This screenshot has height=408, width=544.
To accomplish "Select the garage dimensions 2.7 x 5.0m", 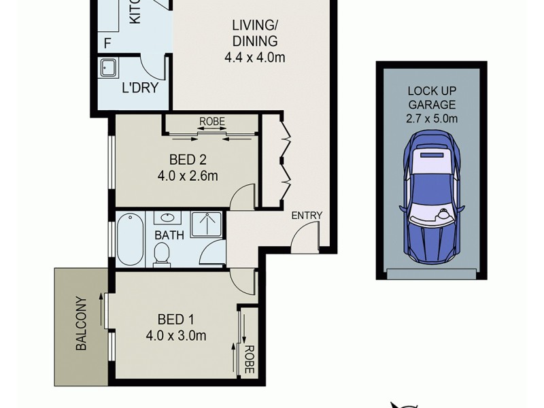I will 431,120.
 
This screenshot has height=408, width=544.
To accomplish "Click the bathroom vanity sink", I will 166,219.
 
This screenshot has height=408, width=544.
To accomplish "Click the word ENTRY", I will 306,216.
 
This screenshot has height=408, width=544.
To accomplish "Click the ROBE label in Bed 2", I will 211,122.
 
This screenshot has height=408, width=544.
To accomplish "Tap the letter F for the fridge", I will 107,44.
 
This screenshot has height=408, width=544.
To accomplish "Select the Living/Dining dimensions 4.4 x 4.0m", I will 254,58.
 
